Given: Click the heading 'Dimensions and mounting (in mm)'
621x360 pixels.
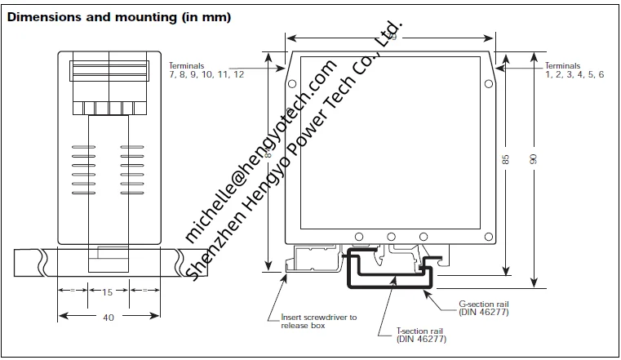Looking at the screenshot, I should click(x=118, y=17).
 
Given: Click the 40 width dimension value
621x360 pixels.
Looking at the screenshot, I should click(x=108, y=318).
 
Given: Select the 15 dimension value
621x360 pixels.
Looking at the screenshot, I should click(x=108, y=291).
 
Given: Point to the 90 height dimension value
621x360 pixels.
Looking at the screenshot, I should click(x=533, y=160).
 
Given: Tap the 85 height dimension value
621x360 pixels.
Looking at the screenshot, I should click(x=506, y=160).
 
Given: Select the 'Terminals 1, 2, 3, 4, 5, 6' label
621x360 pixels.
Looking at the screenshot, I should click(x=574, y=70).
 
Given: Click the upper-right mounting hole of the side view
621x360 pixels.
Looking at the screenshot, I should click(x=488, y=83).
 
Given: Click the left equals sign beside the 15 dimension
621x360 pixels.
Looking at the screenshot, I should click(x=73, y=291).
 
